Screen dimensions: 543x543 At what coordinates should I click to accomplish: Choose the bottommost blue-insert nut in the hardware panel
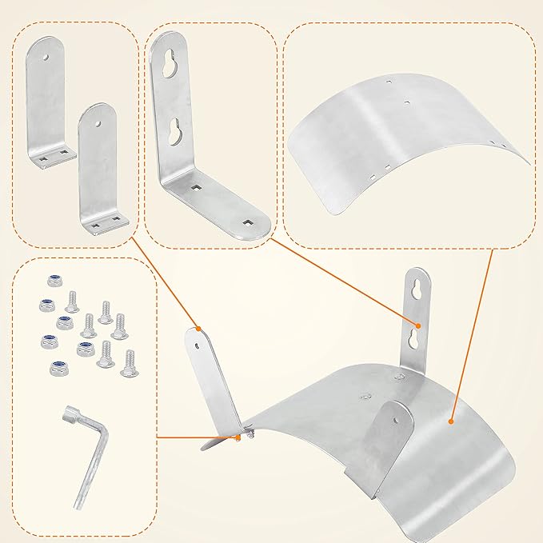click(x=58, y=369)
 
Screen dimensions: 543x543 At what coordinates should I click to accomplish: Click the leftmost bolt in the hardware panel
click(x=68, y=300)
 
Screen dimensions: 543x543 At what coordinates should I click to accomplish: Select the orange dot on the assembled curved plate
click(x=452, y=419)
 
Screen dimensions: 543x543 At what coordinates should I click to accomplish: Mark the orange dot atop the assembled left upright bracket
click(x=198, y=327)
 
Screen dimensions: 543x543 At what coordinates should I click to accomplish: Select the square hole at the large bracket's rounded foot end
click(x=248, y=223)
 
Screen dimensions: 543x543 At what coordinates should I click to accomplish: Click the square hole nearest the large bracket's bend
click(x=194, y=190)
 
